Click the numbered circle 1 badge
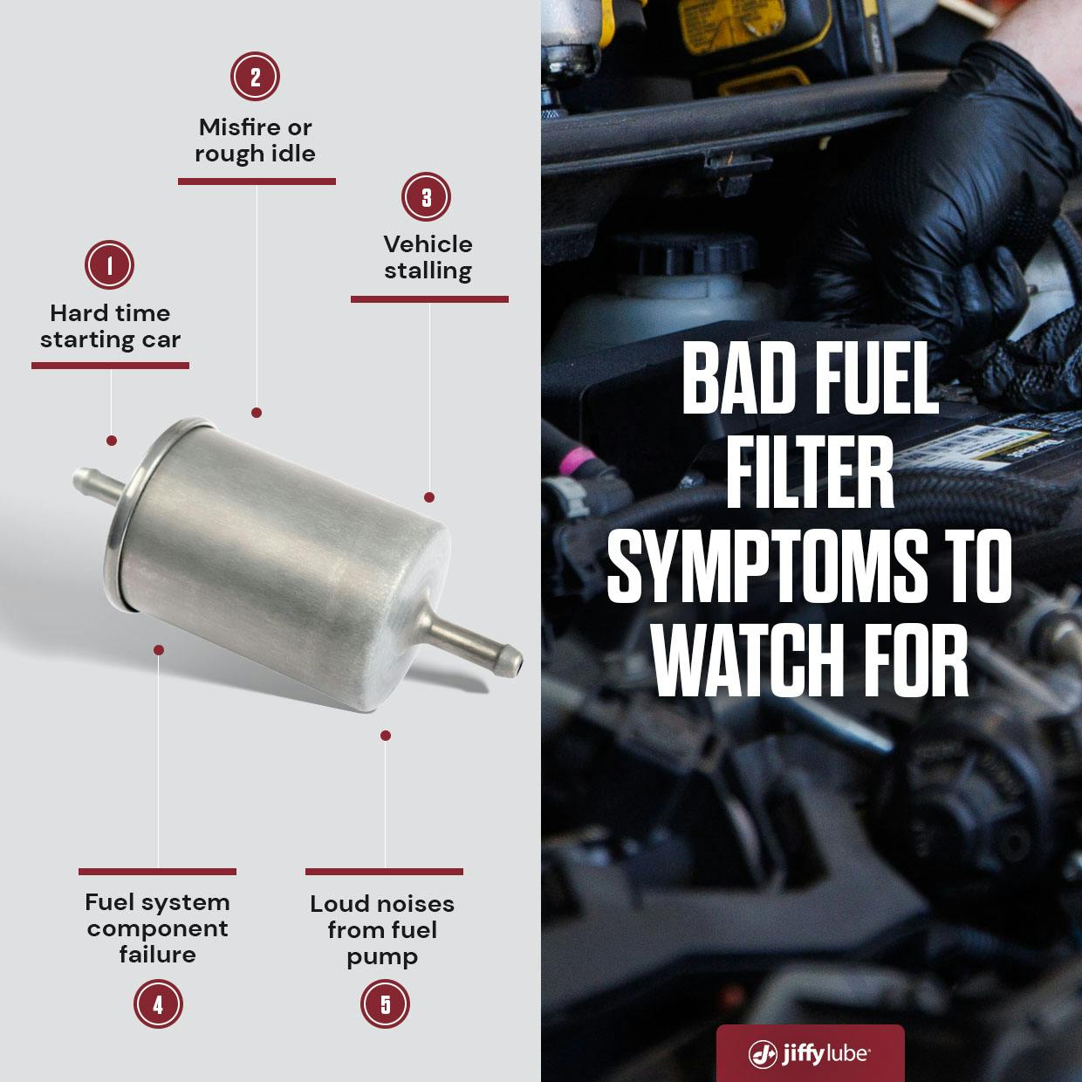coord(109,265)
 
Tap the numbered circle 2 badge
coord(255,77)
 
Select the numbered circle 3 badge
coord(426,197)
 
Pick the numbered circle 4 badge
coord(158,1003)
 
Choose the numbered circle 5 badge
coord(385,1003)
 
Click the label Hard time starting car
coord(110,326)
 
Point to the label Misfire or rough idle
coord(255,140)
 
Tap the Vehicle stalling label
coord(428,257)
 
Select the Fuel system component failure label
coord(157,928)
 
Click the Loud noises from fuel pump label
coord(382,930)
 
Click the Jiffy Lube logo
coord(810,1053)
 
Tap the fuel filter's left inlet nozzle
coord(98,481)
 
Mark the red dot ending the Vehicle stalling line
coord(429,497)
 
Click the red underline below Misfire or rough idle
coord(257,181)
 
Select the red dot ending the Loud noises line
coord(386,736)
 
